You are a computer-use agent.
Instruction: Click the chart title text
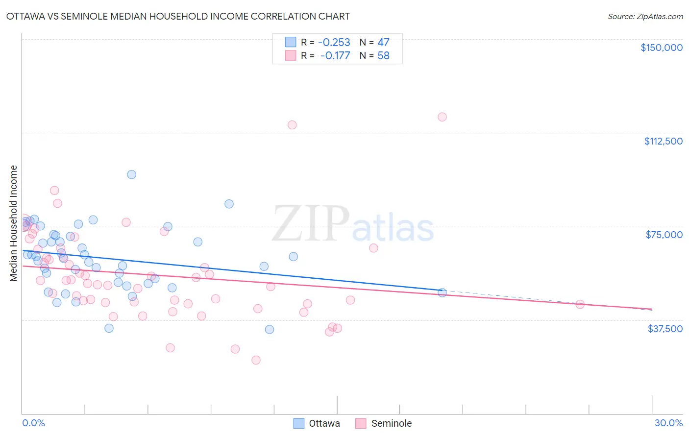click(x=178, y=16)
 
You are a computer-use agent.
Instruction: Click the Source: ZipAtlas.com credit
click(x=645, y=16)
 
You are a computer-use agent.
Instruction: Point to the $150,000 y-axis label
click(x=661, y=48)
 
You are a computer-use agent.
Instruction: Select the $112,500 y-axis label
click(x=663, y=141)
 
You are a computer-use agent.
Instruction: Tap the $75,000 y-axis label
click(x=664, y=235)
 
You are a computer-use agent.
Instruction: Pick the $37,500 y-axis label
click(x=664, y=329)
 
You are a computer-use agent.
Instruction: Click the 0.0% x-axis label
click(x=33, y=423)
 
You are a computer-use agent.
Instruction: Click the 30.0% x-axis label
click(x=668, y=423)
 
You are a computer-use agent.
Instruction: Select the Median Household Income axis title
click(x=14, y=223)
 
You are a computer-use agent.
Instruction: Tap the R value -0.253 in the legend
click(x=334, y=42)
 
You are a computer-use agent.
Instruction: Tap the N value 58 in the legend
click(x=383, y=56)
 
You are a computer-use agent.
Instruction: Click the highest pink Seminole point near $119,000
click(x=442, y=117)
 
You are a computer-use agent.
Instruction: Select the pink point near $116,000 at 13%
click(x=292, y=124)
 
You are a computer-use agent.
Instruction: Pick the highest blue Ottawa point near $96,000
click(x=131, y=174)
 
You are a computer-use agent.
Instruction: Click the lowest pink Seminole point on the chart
click(x=256, y=360)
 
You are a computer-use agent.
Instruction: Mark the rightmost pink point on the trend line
click(x=580, y=304)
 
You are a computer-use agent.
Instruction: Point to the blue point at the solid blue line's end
click(x=442, y=292)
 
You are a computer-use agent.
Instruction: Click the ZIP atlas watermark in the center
click(x=353, y=224)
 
